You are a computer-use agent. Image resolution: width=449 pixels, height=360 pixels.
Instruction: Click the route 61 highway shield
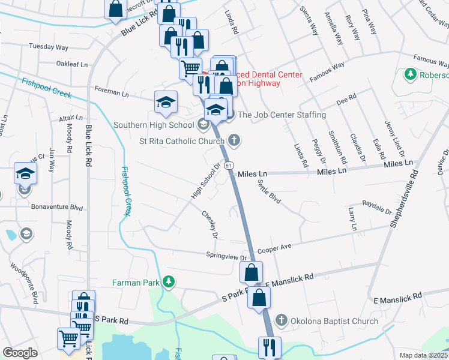coord(229,165)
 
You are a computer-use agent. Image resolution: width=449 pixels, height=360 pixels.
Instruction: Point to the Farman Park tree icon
coord(169,281)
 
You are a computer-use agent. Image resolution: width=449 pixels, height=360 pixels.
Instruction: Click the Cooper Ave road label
coord(274,248)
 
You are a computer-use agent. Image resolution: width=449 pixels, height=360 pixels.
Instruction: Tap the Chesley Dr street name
coord(209,223)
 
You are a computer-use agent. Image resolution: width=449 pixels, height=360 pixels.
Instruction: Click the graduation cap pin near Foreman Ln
coord(166,101)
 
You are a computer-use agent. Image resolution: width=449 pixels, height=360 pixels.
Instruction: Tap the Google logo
coord(20,353)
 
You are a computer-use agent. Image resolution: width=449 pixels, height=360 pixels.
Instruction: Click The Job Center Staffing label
coord(282,115)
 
